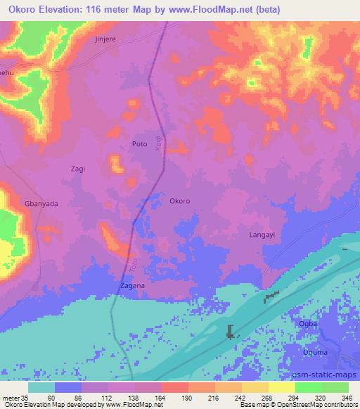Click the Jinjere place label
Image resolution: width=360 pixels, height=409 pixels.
click(x=107, y=40)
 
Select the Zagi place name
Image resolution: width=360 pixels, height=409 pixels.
click(x=78, y=169)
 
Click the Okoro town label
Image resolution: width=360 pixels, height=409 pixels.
click(x=180, y=201)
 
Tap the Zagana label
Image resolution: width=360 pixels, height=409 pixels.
click(x=131, y=286)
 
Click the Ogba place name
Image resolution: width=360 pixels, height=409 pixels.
click(x=309, y=324)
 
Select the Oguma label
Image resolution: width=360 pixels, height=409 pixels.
click(x=311, y=352)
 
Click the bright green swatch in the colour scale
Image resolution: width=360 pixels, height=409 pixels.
click(x=309, y=387)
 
